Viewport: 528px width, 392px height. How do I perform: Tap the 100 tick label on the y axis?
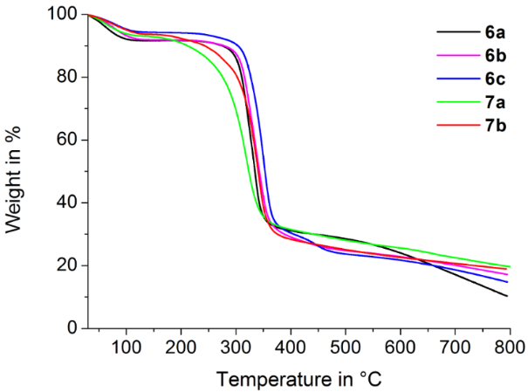[65, 15]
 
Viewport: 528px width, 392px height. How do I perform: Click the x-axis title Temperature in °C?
[300, 379]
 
